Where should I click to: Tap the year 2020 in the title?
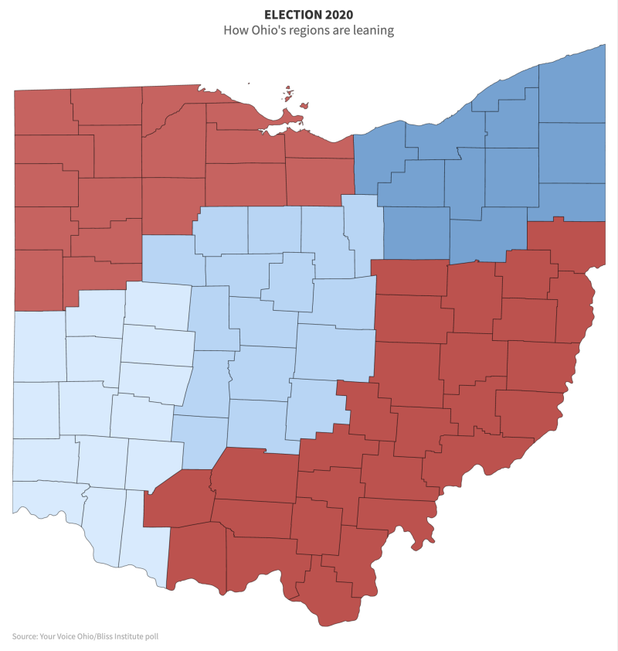(x=338, y=15)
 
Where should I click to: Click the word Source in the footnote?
(x=25, y=636)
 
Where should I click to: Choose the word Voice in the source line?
(x=66, y=636)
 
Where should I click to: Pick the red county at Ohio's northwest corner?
(x=42, y=112)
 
